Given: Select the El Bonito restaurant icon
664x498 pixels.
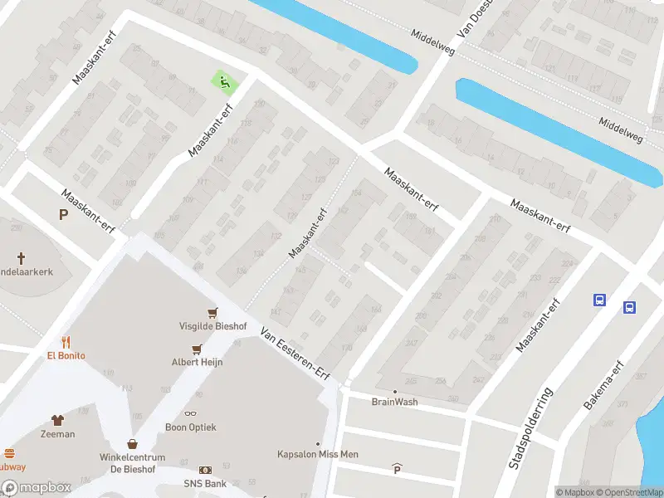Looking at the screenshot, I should (x=66, y=342).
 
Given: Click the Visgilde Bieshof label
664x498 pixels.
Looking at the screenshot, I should (x=213, y=326).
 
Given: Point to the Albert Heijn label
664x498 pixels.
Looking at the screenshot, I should (x=197, y=362).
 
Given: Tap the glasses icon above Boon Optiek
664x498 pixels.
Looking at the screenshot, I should (x=191, y=413).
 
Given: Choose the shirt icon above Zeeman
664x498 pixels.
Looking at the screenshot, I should (x=57, y=420).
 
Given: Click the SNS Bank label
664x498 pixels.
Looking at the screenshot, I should (x=205, y=483).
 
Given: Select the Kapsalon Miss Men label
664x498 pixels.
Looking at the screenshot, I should (x=317, y=454).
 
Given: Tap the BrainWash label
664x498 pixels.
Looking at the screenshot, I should (x=394, y=402).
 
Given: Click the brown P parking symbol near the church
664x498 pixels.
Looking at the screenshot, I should (x=62, y=215).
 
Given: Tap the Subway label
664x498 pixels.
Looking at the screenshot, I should (x=12, y=466).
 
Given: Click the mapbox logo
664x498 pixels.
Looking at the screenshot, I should (x=36, y=488).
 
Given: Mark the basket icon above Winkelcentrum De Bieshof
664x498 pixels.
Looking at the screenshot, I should (x=132, y=444).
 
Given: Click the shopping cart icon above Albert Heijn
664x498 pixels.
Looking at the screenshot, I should (x=197, y=349).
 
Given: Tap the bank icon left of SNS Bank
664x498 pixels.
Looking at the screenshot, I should (x=205, y=471).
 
